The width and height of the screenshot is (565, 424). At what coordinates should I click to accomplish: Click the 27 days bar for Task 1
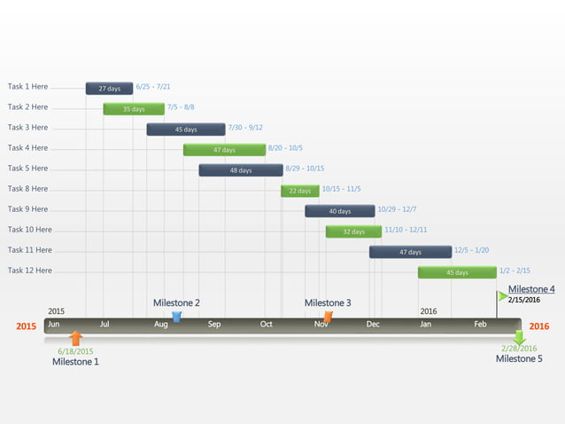pos(109,89)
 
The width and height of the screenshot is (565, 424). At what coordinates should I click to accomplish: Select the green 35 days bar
pos(134,109)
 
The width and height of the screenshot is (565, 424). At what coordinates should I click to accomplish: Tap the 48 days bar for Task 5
pos(240,170)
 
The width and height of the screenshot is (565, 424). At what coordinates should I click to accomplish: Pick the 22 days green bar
pos(300,191)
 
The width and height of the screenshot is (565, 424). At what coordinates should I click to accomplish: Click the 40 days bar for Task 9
pos(340,211)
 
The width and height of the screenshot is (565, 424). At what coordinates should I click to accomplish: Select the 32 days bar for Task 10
pos(353,232)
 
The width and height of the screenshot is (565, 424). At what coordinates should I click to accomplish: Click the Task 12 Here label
pos(30,271)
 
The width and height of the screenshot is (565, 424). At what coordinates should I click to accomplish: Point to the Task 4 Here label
pos(28,148)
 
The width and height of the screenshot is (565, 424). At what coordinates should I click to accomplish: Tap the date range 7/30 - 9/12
pos(245,128)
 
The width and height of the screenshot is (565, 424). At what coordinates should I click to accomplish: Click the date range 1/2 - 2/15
pos(515,271)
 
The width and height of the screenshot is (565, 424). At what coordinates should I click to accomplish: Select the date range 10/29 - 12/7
pos(397,209)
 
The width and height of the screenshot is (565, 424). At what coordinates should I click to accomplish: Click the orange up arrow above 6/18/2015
pos(76,338)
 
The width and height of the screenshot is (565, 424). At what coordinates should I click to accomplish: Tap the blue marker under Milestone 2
pos(176,316)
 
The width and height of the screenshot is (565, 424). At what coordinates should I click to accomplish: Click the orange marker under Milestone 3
pos(329,316)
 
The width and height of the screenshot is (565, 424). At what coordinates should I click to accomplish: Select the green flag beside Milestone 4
pos(502,295)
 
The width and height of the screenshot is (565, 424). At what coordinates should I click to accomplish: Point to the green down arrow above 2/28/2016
pos(519,337)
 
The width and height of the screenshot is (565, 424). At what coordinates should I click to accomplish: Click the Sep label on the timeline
pos(214,325)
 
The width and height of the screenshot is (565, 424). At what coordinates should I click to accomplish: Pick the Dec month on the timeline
pos(373,325)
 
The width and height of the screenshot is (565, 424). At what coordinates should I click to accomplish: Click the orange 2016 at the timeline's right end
pos(538,326)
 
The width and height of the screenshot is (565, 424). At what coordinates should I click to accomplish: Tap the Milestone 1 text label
pos(75,362)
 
